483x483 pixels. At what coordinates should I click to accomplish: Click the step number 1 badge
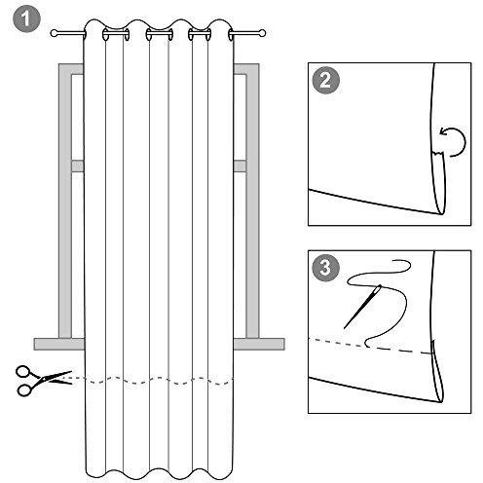click(26, 19)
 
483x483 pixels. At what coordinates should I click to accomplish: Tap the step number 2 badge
click(325, 80)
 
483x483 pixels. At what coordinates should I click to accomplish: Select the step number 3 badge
click(325, 268)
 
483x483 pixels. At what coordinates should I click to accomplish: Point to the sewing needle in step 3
click(362, 307)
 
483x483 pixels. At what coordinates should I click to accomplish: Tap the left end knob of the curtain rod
click(54, 33)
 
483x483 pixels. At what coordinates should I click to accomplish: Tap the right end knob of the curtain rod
click(262, 33)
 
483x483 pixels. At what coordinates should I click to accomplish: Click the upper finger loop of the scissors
click(23, 371)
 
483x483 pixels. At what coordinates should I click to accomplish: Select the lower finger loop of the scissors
click(24, 390)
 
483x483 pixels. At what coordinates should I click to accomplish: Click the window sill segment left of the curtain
click(59, 344)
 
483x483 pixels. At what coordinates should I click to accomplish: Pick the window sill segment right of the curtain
click(259, 344)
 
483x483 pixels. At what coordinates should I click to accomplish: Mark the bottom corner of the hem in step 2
click(442, 214)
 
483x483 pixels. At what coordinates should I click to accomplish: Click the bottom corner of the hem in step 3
click(441, 402)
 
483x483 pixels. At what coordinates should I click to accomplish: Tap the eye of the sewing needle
click(378, 288)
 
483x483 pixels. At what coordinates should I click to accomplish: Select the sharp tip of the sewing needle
click(344, 328)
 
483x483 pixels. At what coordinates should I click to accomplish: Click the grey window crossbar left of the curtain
click(78, 166)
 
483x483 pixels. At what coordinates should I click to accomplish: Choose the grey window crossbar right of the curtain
click(240, 166)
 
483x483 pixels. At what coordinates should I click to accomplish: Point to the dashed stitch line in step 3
click(371, 347)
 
